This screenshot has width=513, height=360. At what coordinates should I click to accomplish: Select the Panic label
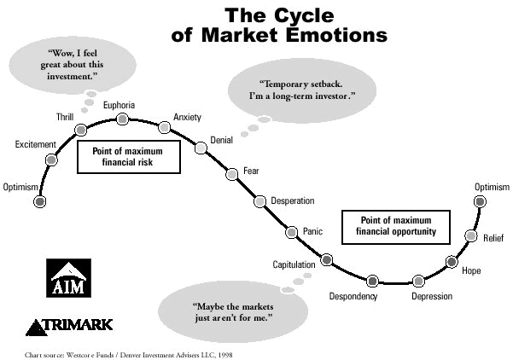pyautogui.click(x=313, y=231)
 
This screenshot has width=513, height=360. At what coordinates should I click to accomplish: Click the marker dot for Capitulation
pyautogui.click(x=327, y=259)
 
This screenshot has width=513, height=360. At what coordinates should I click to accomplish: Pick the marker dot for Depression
pyautogui.click(x=417, y=281)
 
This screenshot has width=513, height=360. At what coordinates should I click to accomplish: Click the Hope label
pyautogui.click(x=471, y=270)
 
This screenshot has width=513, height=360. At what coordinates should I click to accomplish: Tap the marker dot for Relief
pyautogui.click(x=469, y=235)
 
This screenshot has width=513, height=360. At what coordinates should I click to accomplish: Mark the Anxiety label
pyautogui.click(x=187, y=117)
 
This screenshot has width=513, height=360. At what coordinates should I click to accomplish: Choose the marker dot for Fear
pyautogui.click(x=231, y=174)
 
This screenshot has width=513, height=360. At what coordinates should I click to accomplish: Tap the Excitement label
pyautogui.click(x=35, y=145)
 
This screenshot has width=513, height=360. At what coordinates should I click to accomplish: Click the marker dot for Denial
pyautogui.click(x=201, y=147)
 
